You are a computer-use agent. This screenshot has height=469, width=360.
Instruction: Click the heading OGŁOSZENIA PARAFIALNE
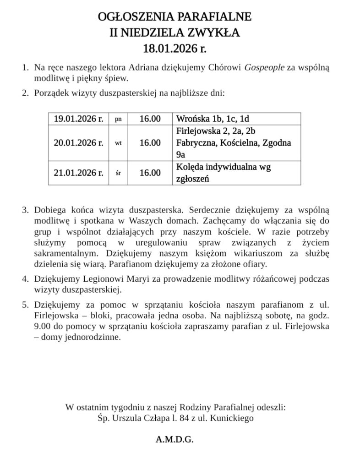click(175, 18)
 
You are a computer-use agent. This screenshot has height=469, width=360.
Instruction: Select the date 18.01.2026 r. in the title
click(175, 47)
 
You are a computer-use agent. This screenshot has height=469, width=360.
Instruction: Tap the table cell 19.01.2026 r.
click(78, 119)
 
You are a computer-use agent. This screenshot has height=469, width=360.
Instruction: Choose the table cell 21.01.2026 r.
click(78, 173)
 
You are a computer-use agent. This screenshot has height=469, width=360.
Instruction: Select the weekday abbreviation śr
click(118, 173)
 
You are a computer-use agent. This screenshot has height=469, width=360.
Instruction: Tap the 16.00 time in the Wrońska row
click(150, 119)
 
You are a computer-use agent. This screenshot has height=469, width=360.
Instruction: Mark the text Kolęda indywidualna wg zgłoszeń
click(224, 173)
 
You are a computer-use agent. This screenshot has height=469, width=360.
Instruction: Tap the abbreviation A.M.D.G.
click(175, 440)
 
